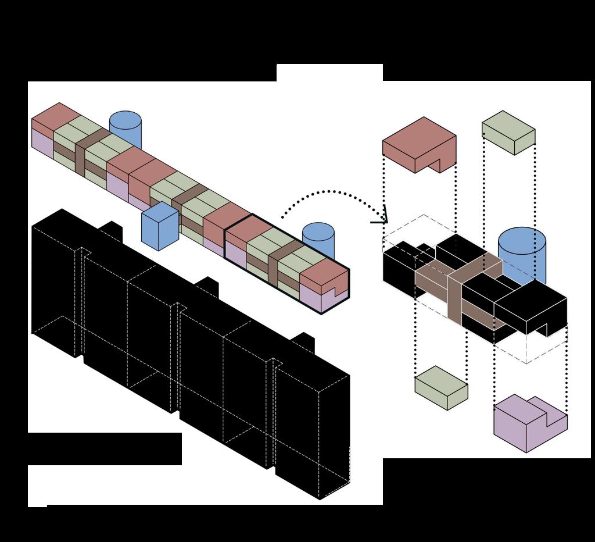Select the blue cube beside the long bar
coord(160,227)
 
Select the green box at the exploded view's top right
coord(508,133)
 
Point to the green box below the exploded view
coord(440,387)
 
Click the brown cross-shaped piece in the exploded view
coord(459,285)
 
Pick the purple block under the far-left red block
coord(42,142)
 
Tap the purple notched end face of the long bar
coord(324,299)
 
